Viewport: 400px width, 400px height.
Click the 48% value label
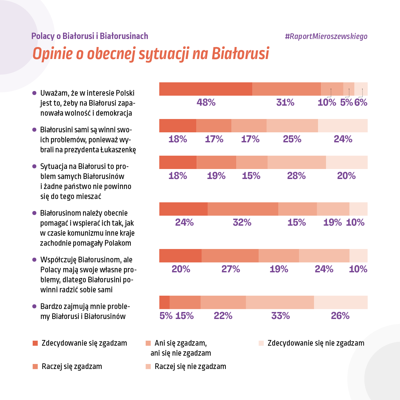pos(206,102)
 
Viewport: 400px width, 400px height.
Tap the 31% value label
pos(285,102)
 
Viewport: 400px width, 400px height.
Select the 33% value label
pos(280,316)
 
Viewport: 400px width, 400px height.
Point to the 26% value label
pos(340,316)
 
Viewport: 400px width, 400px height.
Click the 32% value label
pos(242,222)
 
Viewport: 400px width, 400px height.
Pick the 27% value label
pos(231,269)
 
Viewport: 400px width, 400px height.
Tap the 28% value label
pos(296,176)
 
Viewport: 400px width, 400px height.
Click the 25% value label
pos(292,139)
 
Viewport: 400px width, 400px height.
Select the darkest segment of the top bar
pos(206,89)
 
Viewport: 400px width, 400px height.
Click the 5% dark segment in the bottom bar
pos(164,302)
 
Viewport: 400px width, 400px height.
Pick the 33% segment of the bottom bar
pos(280,302)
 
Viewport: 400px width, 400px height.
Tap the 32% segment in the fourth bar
pos(243,209)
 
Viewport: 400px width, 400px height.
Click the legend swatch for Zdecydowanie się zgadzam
pos(35,343)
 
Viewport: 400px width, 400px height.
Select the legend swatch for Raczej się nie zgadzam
pos(148,367)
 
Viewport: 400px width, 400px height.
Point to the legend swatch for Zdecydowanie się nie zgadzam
pos(261,343)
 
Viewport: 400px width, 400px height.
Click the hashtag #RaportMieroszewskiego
pos(326,36)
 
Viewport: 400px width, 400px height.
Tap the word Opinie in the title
pos(53,54)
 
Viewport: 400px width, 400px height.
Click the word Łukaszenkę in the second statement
pos(118,150)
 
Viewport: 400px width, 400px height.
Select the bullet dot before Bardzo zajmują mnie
pos(34,306)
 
